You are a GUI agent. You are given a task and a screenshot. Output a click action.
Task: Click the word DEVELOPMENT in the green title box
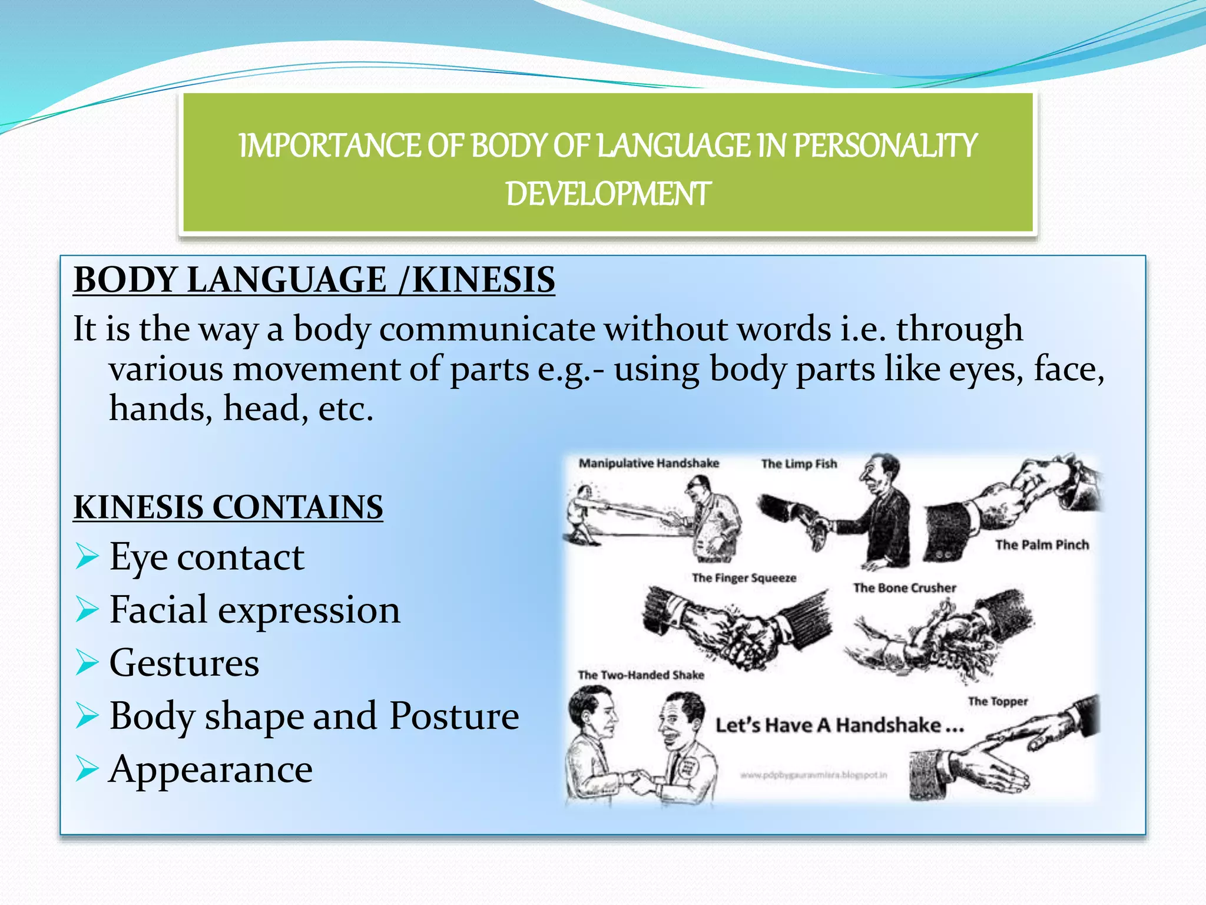coord(608,194)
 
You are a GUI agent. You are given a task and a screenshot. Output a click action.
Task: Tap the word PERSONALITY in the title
coord(885,146)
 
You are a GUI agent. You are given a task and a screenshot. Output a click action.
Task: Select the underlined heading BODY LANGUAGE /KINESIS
coord(314,279)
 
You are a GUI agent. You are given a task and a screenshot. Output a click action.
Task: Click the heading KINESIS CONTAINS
coord(228,507)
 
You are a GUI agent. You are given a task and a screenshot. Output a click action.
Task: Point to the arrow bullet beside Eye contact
coord(87,557)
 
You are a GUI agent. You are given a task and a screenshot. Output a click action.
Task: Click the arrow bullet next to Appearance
coord(87,769)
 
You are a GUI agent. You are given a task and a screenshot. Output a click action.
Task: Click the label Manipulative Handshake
coord(648,463)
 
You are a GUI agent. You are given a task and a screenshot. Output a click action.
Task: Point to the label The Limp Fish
coord(799,464)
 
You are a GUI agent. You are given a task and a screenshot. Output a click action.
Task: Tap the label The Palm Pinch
coord(1042,544)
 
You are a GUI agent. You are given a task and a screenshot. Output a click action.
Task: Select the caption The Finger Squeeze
coord(744,578)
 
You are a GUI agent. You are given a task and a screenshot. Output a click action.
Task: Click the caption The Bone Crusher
coord(904,587)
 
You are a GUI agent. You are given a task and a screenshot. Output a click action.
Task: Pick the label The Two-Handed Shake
coord(641,675)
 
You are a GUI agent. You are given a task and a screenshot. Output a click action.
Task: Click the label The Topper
coord(998,701)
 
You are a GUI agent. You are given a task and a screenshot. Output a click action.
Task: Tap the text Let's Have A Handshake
coord(839,725)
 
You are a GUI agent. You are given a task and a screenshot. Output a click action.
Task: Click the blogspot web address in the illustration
coord(813,775)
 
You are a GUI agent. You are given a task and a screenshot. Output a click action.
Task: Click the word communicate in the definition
coord(487,329)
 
